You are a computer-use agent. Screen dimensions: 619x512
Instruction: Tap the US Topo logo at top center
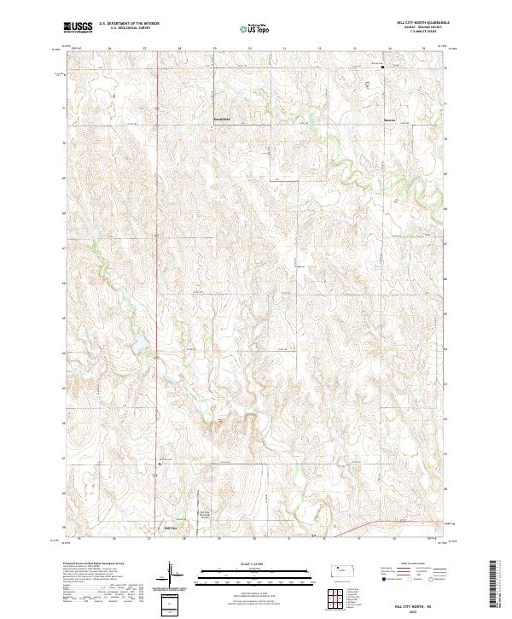tap(256, 28)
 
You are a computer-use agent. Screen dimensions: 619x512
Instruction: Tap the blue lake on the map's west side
tap(137, 347)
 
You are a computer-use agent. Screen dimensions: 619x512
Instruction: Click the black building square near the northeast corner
tap(383, 67)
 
